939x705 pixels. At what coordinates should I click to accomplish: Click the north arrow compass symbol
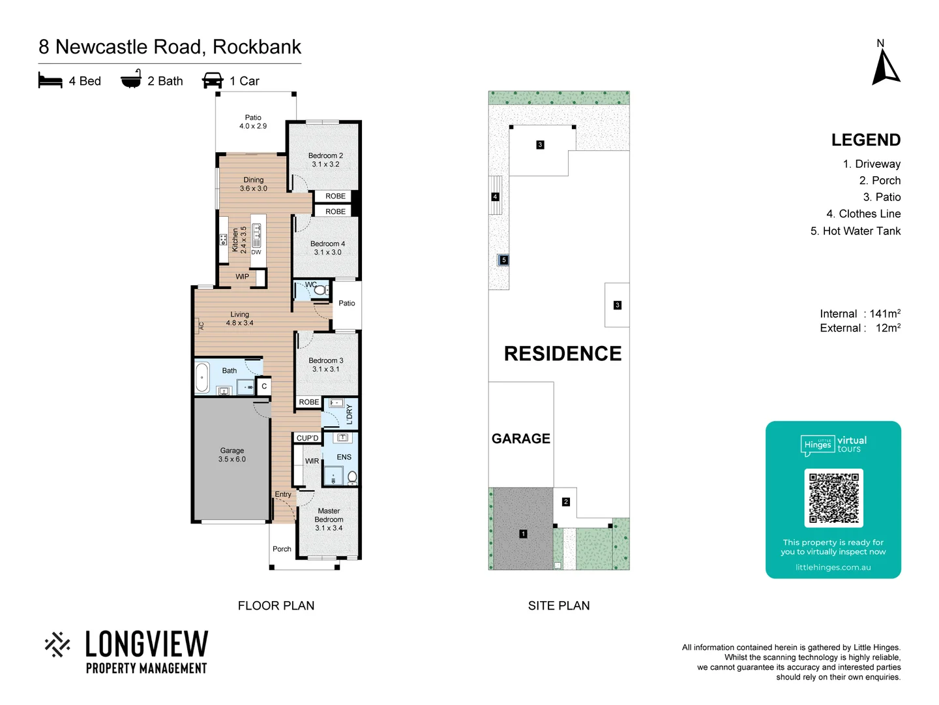(x=886, y=67)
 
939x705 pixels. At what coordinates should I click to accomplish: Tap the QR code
(x=833, y=497)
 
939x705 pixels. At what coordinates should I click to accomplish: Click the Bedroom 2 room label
(x=325, y=160)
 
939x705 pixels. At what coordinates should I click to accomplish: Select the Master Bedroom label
(x=329, y=520)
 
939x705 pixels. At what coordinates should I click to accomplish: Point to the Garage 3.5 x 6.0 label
(x=232, y=455)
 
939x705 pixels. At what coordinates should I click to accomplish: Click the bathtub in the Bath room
(x=202, y=377)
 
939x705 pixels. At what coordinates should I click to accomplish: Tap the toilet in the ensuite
(x=352, y=477)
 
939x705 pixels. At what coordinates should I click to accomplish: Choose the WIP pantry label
(x=242, y=277)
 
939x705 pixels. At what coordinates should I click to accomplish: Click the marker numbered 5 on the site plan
(x=503, y=260)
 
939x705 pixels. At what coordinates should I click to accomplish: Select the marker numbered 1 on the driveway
(x=523, y=534)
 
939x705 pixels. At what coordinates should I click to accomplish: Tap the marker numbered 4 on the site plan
(x=495, y=196)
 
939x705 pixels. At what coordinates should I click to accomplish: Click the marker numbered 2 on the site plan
(x=565, y=502)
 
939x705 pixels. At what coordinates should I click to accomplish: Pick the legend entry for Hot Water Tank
(x=855, y=231)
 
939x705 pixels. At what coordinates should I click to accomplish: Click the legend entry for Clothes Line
(x=863, y=214)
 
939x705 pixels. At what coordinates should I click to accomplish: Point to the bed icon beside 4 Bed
(x=50, y=80)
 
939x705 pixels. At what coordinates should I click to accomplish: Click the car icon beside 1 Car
(x=213, y=80)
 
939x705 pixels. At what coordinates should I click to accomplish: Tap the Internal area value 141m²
(x=884, y=314)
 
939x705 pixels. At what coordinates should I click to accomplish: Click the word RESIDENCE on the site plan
(x=563, y=354)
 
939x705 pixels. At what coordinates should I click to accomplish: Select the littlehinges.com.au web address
(x=833, y=567)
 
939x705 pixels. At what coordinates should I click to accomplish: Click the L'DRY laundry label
(x=349, y=413)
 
